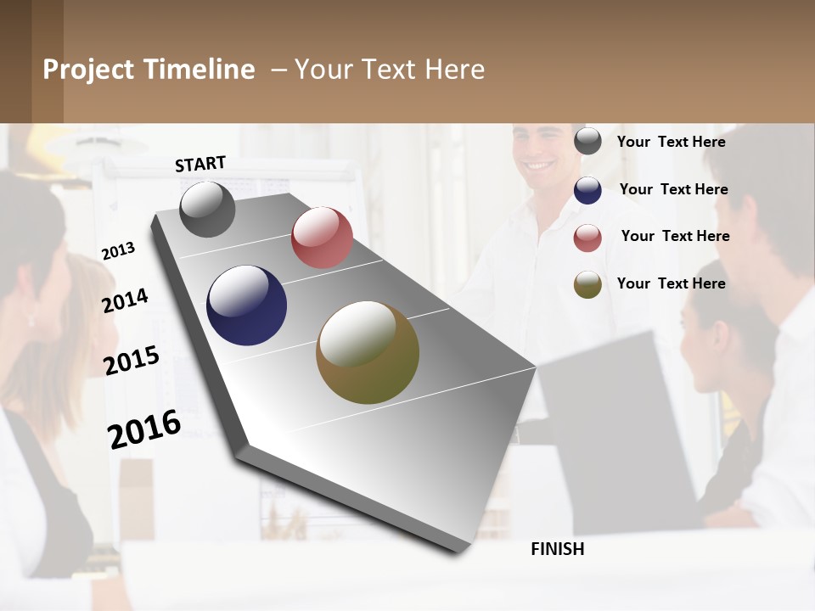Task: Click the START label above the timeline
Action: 200,164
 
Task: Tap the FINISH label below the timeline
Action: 557,549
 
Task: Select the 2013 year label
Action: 119,251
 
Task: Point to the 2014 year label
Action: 126,300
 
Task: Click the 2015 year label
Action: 132,361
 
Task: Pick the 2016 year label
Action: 144,429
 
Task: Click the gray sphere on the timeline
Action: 207,209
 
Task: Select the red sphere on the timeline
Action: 322,238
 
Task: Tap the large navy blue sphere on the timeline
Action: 247,305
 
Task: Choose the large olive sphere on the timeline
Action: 368,352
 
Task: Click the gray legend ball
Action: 587,142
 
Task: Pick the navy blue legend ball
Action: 587,190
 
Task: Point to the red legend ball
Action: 587,238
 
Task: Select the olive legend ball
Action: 587,284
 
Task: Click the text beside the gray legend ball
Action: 671,142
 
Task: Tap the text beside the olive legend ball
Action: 671,283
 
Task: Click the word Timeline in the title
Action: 200,70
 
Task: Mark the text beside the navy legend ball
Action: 673,189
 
